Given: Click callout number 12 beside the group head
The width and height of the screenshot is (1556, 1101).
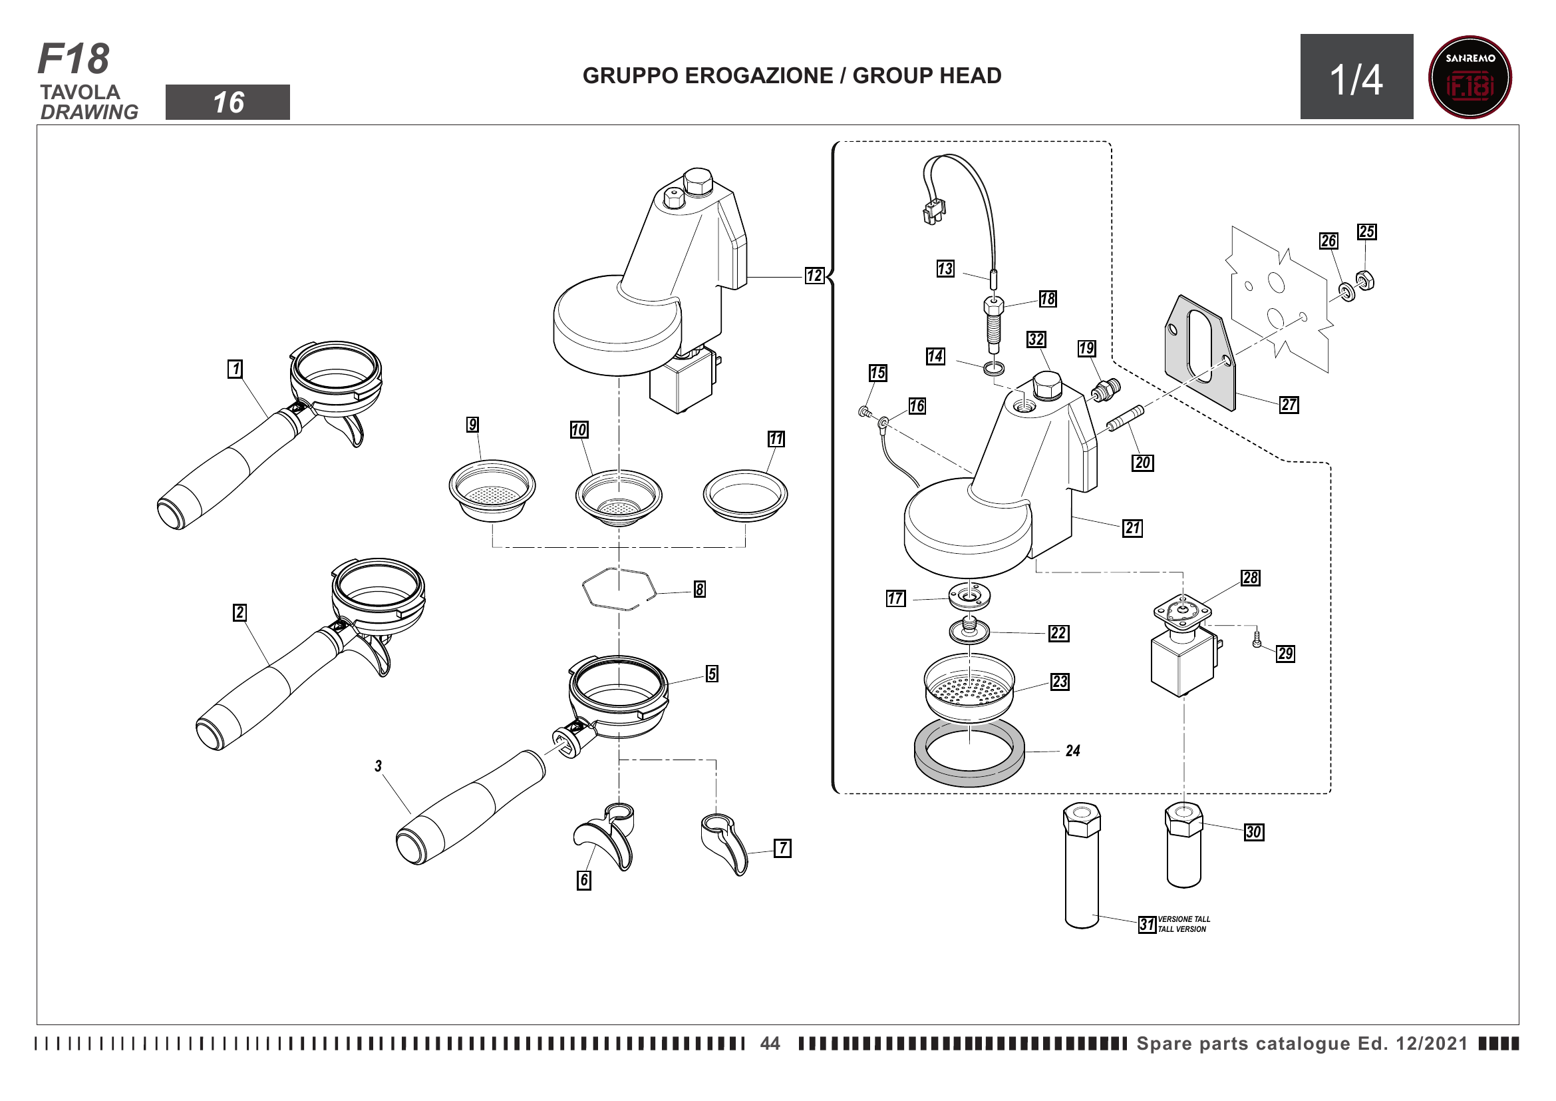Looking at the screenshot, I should pos(814,276).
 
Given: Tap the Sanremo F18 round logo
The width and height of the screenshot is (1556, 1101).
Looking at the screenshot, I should pos(1470,77).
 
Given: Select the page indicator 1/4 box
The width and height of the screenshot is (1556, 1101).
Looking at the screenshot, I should pos(1356,77).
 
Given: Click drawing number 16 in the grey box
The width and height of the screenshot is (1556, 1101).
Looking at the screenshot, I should pos(228,103).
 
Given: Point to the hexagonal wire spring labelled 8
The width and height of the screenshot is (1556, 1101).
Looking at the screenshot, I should pos(618,588).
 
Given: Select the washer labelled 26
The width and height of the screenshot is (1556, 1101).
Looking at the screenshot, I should pos(1346,292).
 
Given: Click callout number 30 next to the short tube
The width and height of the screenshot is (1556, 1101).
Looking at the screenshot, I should pos(1253,832).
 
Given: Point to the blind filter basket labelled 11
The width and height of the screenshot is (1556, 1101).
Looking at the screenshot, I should pos(745,495).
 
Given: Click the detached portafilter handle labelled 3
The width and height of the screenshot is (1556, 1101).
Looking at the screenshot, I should pos(468,810).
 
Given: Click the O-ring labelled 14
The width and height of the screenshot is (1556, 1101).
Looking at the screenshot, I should pos(994,369).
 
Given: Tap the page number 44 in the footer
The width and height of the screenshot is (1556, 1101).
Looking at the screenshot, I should pos(770,1042).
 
